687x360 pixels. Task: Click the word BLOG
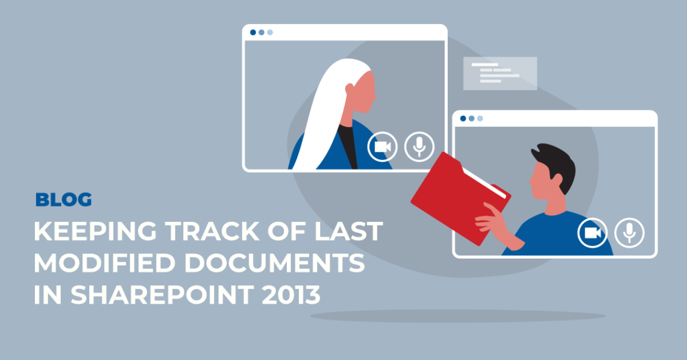(x=63, y=200)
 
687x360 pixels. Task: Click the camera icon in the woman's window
(x=383, y=147)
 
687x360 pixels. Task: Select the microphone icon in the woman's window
(x=419, y=147)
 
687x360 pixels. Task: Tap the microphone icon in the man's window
(x=629, y=232)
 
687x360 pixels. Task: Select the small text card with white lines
(x=500, y=73)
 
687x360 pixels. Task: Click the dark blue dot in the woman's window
(x=253, y=33)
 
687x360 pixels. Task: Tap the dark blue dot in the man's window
(x=463, y=118)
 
